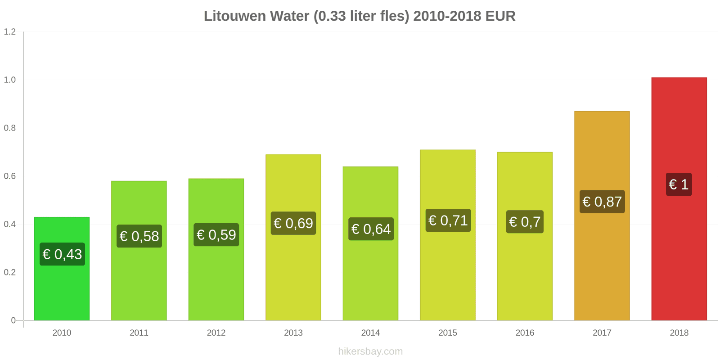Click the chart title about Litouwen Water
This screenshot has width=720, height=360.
point(360,16)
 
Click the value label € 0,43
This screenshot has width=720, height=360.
point(62,254)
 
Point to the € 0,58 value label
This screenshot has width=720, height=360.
point(139,236)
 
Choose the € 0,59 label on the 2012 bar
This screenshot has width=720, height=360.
point(216,235)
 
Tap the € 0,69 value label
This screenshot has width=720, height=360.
point(293,223)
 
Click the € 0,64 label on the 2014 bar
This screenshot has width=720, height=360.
point(371,229)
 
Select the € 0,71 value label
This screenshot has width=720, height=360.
point(448,220)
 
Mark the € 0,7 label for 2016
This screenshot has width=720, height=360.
point(525,222)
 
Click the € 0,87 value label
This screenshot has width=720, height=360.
point(602,202)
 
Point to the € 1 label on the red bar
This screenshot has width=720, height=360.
point(679,184)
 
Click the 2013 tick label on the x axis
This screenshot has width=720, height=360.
point(293,333)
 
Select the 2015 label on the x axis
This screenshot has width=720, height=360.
point(448,333)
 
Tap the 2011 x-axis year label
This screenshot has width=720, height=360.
point(139,333)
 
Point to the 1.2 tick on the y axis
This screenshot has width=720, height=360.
point(10,32)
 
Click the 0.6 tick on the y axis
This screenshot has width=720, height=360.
point(10,176)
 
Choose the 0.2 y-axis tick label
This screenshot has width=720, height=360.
point(10,273)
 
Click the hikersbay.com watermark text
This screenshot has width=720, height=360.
point(370,351)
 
